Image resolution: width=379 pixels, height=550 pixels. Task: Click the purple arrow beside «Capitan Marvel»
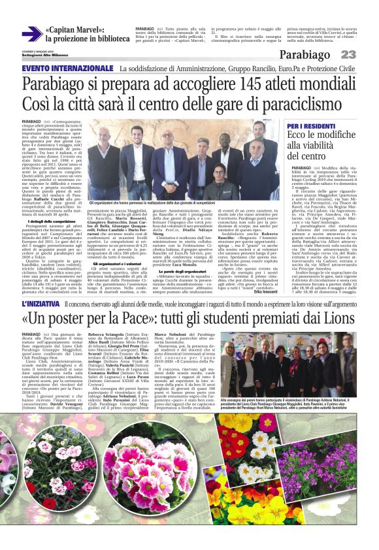[31, 33]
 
